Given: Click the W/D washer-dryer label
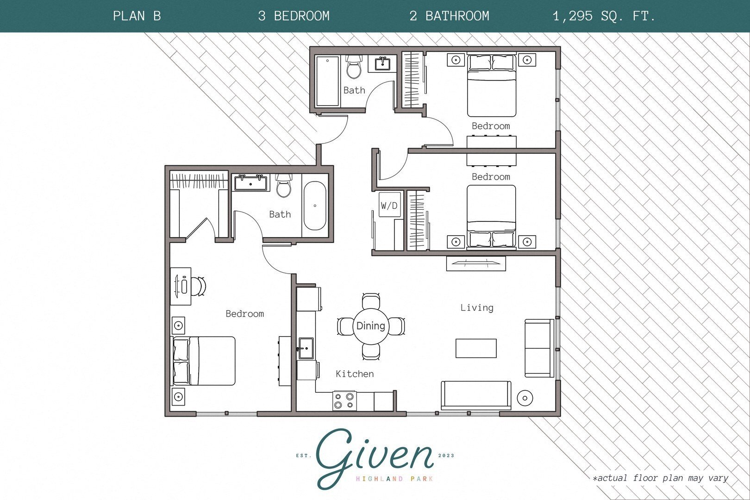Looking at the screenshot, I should (389, 205).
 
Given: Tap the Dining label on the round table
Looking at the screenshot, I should (370, 326).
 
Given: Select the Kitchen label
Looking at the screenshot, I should (355, 374).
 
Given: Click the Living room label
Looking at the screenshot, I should (477, 307).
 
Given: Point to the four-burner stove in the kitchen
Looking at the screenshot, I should (344, 401).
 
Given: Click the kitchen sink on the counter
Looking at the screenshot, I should (306, 348).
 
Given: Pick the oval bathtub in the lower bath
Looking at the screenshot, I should (315, 206).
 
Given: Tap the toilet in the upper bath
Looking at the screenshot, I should (354, 68).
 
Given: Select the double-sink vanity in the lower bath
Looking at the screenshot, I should (251, 183).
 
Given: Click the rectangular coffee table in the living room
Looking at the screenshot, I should (476, 348).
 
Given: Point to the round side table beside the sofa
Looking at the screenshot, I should (525, 398).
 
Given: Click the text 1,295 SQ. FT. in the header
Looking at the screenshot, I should (604, 16).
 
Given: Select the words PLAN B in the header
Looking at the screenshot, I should (137, 16).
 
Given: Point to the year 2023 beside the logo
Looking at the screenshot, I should (446, 456).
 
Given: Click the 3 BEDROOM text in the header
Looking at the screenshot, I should (294, 16).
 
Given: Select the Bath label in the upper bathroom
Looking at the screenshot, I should (354, 90).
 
